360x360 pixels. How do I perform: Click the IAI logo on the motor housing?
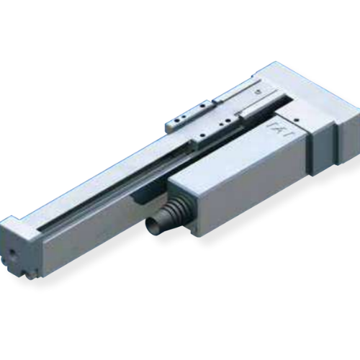277,130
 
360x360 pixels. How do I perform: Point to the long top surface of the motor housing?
238,151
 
